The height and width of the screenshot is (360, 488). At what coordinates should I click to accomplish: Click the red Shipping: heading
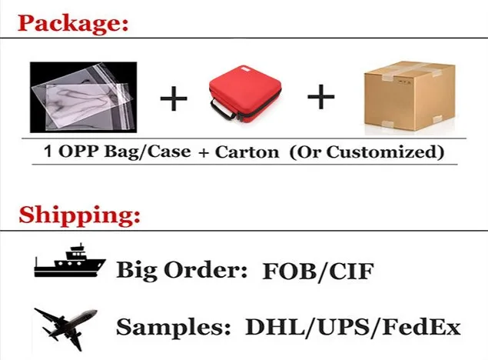point(79,213)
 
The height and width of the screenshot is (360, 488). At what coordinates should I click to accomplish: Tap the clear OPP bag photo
point(83,97)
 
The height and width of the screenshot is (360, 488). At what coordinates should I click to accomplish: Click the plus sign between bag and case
point(174,99)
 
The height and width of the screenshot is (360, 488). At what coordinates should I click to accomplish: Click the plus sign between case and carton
point(320,98)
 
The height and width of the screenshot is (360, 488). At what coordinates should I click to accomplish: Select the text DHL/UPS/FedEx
point(353,328)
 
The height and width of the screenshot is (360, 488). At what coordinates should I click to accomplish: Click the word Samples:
point(174,328)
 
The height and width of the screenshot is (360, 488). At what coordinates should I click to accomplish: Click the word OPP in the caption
point(73,152)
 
